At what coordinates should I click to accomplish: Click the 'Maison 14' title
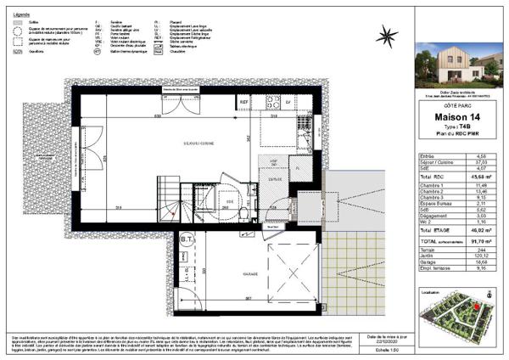(459, 116)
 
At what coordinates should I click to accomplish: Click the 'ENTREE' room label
(275, 180)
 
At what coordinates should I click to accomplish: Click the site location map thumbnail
(459, 315)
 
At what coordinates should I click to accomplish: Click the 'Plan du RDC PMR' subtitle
(459, 136)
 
